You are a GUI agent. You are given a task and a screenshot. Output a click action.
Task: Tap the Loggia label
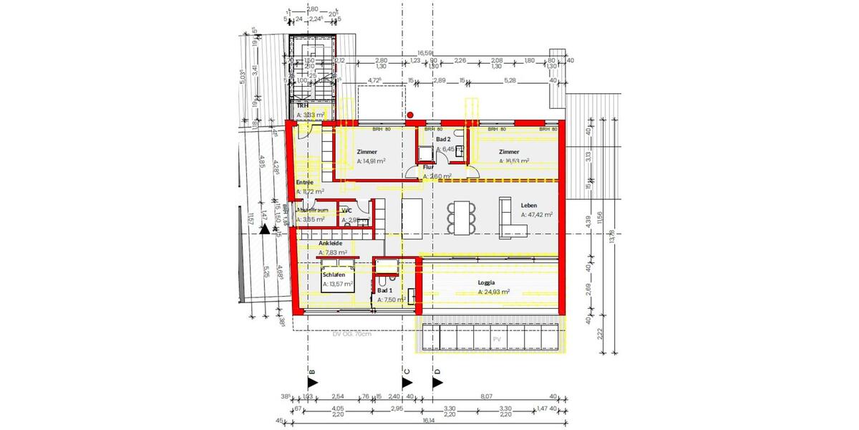tap(487, 282)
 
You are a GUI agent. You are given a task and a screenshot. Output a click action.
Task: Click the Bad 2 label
tap(442, 139)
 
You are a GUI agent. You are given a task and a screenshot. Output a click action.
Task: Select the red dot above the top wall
tap(410, 114)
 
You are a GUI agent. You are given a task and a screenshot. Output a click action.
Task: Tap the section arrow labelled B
tap(311, 383)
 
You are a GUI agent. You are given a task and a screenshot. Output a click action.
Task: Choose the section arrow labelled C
tap(407, 383)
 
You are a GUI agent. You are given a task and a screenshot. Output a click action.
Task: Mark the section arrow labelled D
tap(437, 383)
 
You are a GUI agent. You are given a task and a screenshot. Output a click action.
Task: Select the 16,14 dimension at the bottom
tap(428, 421)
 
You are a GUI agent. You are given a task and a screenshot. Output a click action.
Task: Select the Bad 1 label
tap(385, 290)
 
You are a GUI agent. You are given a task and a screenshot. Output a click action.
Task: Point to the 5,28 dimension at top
tap(510, 81)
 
